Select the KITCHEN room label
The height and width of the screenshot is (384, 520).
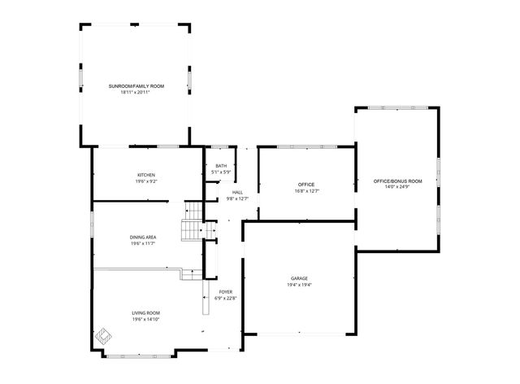(x=146, y=175)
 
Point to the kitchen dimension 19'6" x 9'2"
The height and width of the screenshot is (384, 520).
(x=146, y=181)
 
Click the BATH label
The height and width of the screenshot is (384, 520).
(x=221, y=166)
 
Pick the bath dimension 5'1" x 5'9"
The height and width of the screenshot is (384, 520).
(x=221, y=172)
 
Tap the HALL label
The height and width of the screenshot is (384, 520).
(x=237, y=192)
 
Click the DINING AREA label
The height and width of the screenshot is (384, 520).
(x=142, y=237)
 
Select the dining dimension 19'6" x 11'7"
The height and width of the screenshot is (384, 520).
(x=142, y=243)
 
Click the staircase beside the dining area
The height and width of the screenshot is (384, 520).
(x=190, y=230)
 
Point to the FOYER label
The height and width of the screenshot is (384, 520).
(x=225, y=291)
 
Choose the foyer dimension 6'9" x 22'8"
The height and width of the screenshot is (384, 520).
(x=225, y=298)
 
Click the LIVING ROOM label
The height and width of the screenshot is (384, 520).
(x=146, y=313)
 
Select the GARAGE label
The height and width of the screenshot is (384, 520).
(x=299, y=278)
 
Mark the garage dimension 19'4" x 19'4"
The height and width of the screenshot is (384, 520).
(x=299, y=285)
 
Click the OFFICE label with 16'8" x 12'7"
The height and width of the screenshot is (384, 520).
(x=305, y=185)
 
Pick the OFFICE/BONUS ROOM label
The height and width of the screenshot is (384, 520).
(x=397, y=181)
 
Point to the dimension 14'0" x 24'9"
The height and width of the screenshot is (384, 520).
(x=397, y=187)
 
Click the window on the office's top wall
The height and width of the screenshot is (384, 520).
(x=306, y=146)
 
